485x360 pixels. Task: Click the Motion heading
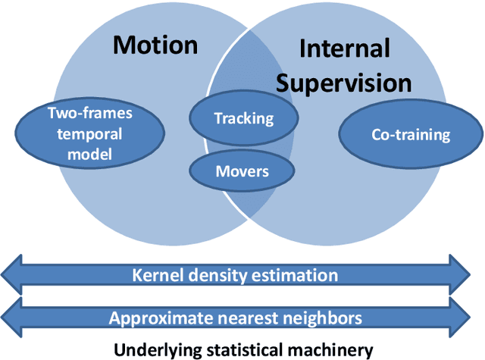click(155, 45)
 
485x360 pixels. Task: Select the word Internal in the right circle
click(344, 50)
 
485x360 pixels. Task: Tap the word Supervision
click(344, 83)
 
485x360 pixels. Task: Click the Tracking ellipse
click(242, 118)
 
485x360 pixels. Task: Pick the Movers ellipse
click(242, 171)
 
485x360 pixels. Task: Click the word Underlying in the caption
click(151, 349)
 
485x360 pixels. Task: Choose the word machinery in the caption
click(334, 349)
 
